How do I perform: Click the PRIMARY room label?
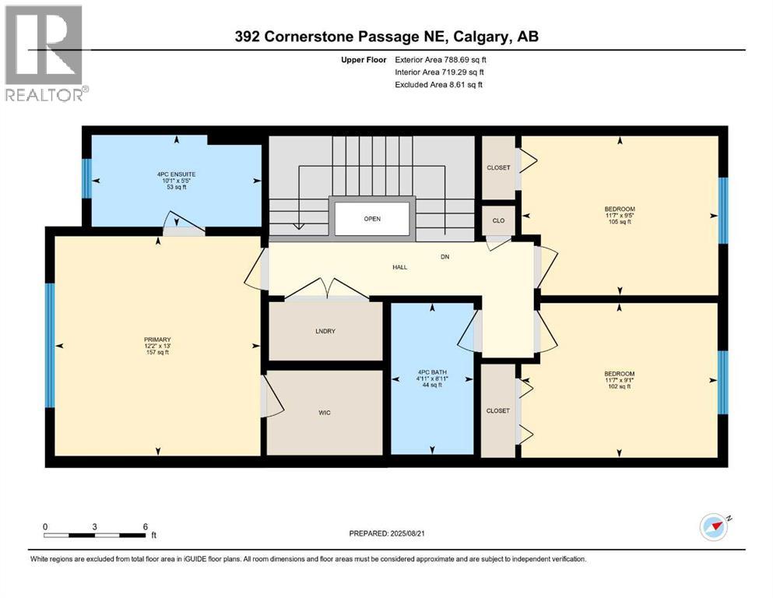pos(156,339)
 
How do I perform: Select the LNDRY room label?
pos(325,332)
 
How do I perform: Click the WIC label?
pos(325,412)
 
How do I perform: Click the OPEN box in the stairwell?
pos(372,219)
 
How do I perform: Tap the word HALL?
pos(399,267)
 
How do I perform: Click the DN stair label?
pos(444,256)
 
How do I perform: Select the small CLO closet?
pos(498,220)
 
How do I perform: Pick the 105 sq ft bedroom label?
pos(620,215)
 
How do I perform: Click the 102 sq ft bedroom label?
pos(620,379)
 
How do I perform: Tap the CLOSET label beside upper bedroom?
pos(498,167)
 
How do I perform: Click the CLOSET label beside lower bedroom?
pos(497,410)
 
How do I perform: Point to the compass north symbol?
pos(714,527)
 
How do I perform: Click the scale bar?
pos(95,535)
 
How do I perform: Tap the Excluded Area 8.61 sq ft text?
pos(439,84)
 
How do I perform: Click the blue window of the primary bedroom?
pos(50,345)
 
